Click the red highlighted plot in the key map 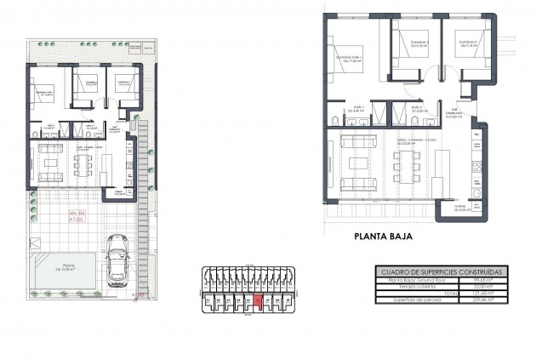[258, 300]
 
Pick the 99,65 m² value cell [481, 280]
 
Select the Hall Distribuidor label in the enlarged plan [455, 115]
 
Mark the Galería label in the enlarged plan [460, 208]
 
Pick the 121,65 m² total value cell [481, 295]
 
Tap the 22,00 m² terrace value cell [481, 288]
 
